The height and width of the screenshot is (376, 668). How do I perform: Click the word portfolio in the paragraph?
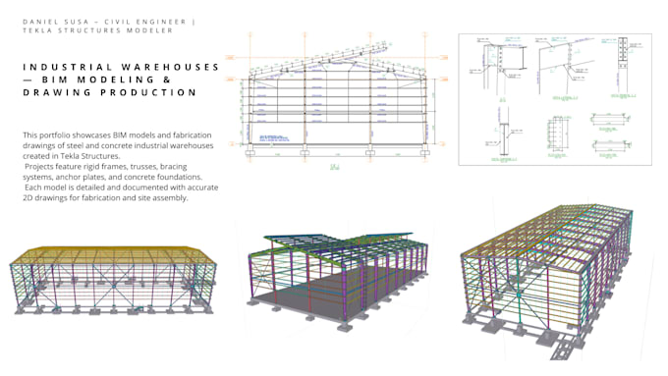point(52,134)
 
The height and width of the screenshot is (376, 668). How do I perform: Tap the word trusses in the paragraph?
point(144,166)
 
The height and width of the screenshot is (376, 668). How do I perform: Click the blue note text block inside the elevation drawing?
point(280,136)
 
